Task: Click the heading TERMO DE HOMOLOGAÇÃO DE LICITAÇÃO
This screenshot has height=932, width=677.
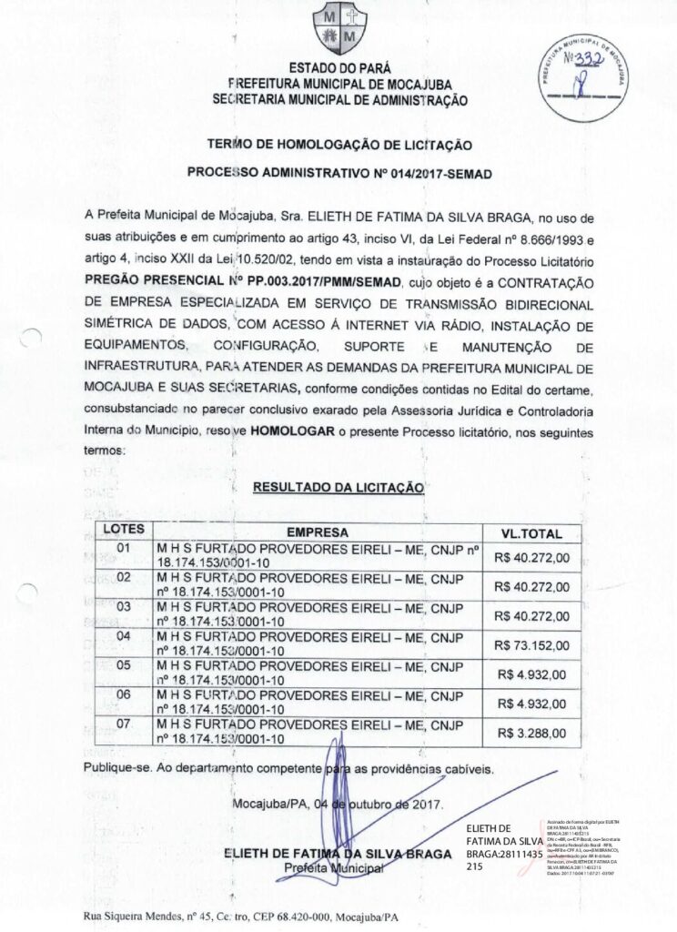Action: (338, 144)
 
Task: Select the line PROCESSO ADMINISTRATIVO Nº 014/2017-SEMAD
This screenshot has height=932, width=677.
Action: (338, 171)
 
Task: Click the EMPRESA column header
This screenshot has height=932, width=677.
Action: (317, 532)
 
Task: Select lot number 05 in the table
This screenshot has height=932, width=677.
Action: (124, 665)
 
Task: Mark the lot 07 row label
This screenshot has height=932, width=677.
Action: (124, 724)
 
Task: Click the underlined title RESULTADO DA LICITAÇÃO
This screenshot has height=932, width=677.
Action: (338, 488)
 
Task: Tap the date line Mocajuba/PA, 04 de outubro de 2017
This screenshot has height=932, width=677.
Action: (338, 805)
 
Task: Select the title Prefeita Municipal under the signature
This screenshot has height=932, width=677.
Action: (332, 867)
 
